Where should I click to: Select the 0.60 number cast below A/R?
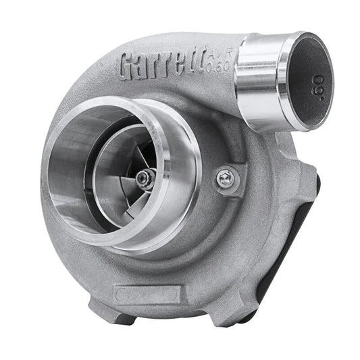point(222,66)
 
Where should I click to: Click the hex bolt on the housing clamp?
point(227,178)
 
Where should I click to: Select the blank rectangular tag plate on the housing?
point(147,294)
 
